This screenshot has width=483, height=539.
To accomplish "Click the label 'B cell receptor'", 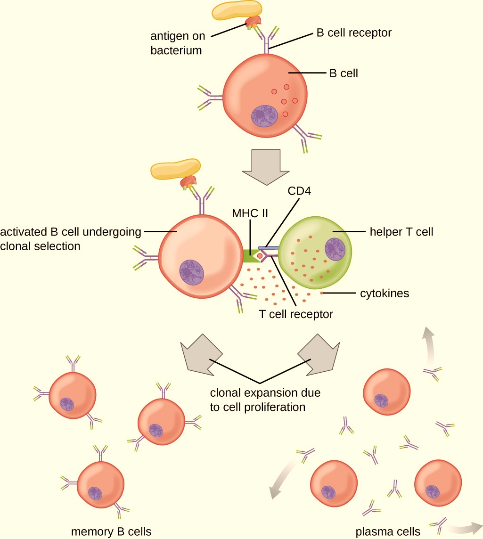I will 353,33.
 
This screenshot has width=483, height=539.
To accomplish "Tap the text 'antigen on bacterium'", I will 177,43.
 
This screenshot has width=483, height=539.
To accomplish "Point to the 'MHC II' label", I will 250,213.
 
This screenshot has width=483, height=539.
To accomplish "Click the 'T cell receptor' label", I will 296,314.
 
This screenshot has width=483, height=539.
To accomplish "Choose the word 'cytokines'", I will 385,294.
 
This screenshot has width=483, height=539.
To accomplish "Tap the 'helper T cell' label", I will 401,231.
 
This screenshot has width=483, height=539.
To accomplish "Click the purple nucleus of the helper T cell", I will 336,249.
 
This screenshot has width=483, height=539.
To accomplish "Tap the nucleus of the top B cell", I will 265,116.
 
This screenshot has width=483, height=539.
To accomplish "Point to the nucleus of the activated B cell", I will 191,272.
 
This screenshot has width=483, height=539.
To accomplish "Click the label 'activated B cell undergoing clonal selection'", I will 71,239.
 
